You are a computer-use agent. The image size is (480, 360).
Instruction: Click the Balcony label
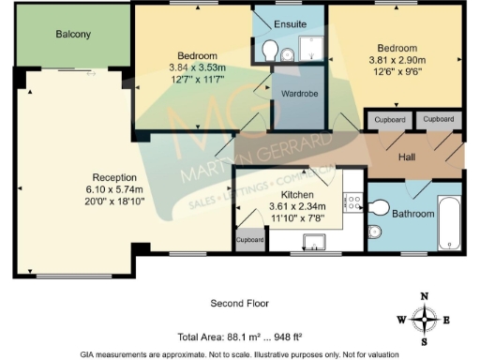(x=73, y=35)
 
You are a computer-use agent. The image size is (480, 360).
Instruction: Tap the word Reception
(x=114, y=176)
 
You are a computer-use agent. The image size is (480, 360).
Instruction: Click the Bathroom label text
(x=413, y=214)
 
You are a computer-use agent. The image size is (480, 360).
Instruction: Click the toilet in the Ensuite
(x=269, y=50)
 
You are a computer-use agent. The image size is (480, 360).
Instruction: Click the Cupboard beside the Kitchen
(x=249, y=238)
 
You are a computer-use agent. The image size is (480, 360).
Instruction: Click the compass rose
(x=427, y=319)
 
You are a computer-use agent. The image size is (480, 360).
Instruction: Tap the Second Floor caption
(x=239, y=304)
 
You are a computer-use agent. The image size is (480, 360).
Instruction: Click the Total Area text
(x=239, y=336)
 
